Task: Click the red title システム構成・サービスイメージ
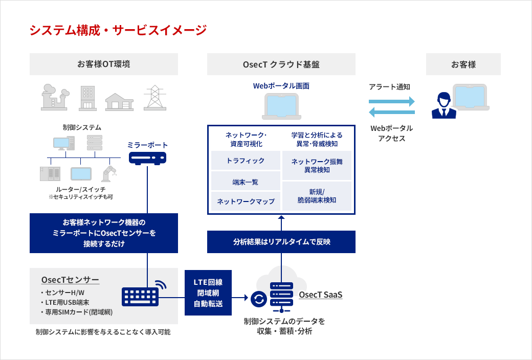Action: [118, 30]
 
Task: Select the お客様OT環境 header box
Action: [104, 64]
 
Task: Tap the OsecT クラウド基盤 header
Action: [281, 64]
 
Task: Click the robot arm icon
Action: [108, 173]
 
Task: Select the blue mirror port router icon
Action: [147, 158]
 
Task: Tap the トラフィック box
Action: [246, 161]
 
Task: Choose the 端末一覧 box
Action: [246, 181]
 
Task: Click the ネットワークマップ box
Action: [246, 201]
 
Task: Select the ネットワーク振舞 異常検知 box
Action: [317, 165]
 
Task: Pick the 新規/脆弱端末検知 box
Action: [317, 196]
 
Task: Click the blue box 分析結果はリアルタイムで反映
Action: [281, 241]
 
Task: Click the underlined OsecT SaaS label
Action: [320, 295]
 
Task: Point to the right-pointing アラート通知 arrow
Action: [391, 102]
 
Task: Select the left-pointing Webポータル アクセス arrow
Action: [391, 112]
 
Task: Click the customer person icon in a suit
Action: [444, 105]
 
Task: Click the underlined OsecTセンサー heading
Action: [70, 280]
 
